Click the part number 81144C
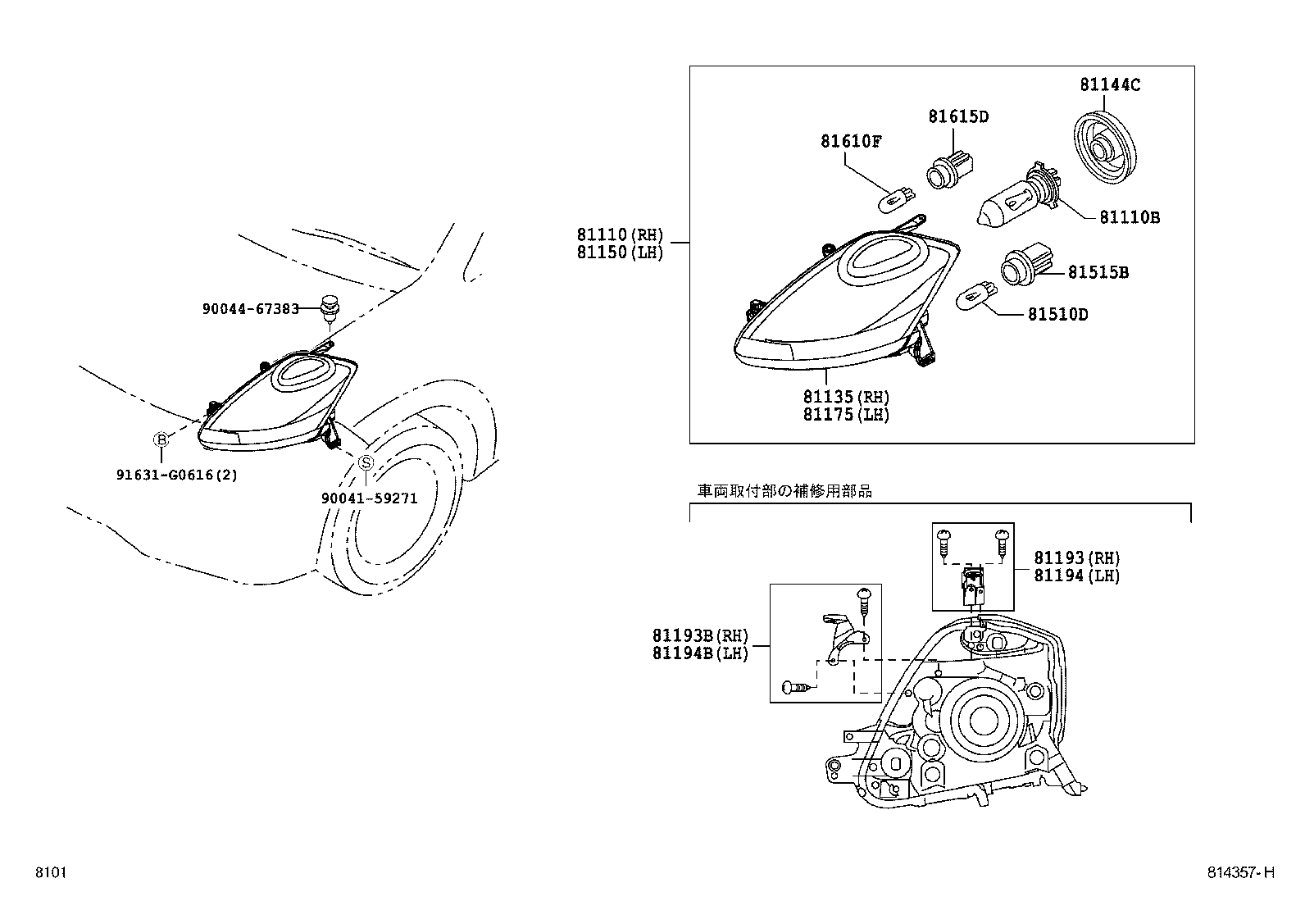tap(1110, 84)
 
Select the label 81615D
tap(958, 116)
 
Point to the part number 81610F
tap(851, 141)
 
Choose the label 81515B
tap(1098, 272)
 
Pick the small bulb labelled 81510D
tap(978, 294)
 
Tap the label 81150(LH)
tap(620, 253)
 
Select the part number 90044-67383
tap(250, 308)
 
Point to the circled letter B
tap(161, 440)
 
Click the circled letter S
tap(366, 462)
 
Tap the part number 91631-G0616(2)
tap(176, 475)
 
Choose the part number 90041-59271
tap(369, 498)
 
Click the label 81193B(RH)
tap(700, 635)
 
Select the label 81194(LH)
tap(1076, 576)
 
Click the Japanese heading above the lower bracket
tap(784, 491)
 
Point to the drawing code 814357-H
tap(1241, 873)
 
